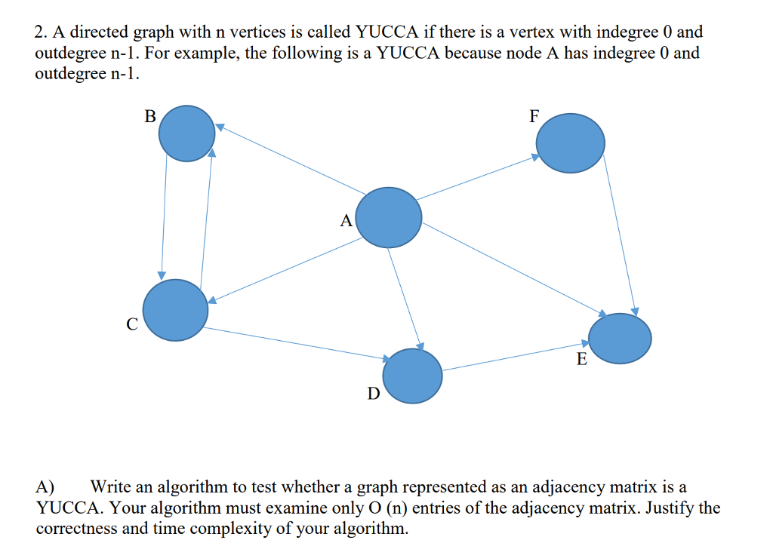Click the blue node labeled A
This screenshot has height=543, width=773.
coord(389,217)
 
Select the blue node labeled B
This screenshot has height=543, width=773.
coord(186,133)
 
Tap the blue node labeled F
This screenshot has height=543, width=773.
coord(570,142)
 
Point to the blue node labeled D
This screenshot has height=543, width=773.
coord(412,376)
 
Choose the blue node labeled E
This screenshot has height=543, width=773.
coord(620,338)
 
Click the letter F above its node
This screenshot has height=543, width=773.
coord(534,116)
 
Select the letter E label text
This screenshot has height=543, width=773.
coord(581,359)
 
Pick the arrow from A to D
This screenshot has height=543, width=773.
coord(404,297)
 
